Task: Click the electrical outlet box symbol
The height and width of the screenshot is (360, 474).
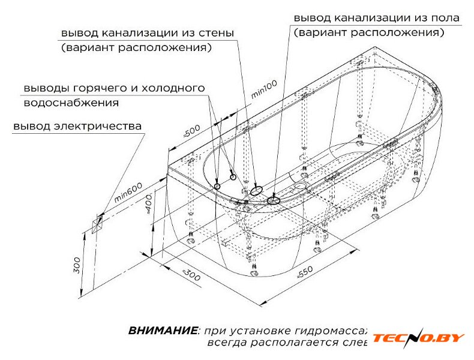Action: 97,224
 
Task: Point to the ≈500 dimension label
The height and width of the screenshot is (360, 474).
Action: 191,133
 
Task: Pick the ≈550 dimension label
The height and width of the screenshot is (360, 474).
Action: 305,271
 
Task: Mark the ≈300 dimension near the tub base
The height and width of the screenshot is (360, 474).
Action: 190,275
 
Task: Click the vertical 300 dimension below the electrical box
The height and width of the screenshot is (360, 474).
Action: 77,264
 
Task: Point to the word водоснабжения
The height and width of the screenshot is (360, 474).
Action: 71,103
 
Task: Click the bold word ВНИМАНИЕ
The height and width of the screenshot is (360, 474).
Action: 162,331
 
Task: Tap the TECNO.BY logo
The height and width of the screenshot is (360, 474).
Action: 418,338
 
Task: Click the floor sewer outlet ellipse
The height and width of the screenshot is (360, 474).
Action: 274,199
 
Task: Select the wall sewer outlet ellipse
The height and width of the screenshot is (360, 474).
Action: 256,190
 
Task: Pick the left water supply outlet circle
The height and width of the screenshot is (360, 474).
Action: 217,186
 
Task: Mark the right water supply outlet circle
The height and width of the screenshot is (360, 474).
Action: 233,177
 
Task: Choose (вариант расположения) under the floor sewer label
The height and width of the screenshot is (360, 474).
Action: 369,32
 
